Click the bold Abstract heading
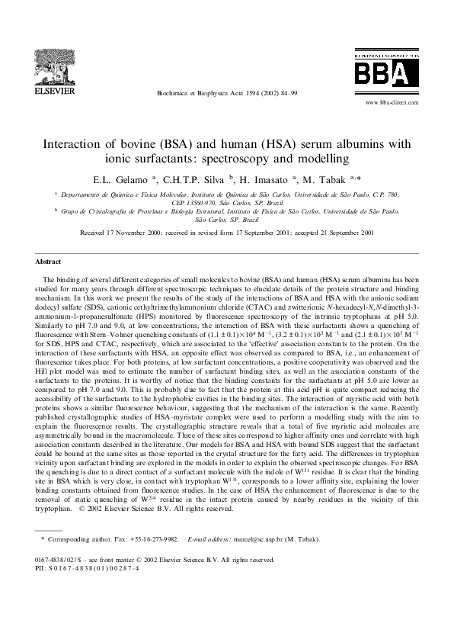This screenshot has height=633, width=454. pos(50,261)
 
